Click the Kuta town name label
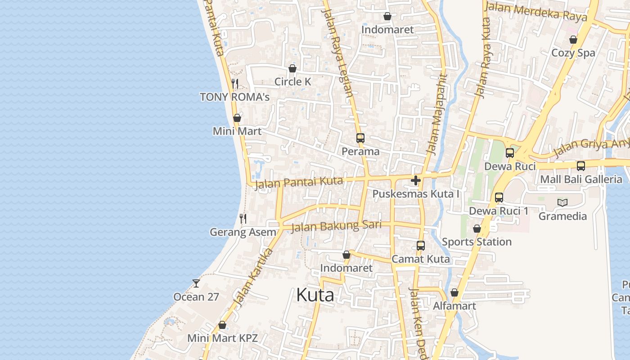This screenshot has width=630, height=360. coord(315,295)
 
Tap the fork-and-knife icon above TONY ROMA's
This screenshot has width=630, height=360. coord(234,83)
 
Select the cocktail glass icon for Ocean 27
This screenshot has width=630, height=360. coord(196,283)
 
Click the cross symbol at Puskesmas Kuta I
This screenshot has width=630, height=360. coord(416,180)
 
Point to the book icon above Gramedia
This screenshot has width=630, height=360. coord(562,202)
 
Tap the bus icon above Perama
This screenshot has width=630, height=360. coord(360,138)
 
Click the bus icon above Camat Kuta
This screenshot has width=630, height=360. coord(420,246)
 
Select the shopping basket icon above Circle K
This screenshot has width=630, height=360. coord(292,68)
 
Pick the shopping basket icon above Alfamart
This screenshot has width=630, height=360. coord(454,292)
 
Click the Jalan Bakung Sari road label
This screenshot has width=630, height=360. coord(336,226)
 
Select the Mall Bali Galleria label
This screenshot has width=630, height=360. coord(581,179)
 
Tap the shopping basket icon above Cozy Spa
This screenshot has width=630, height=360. coord(573,40)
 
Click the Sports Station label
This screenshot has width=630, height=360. coord(477,242)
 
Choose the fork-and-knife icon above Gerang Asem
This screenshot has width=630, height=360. coord(243,219)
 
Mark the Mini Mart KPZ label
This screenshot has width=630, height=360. coord(222,338)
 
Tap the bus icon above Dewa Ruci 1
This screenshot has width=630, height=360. coord(499,197)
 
